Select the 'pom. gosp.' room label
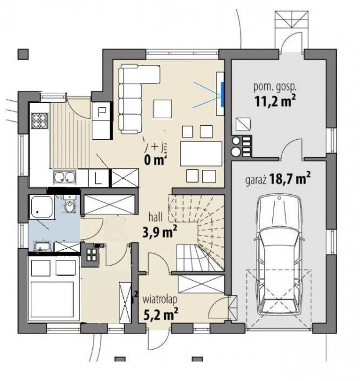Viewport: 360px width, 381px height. pyautogui.click(x=275, y=87)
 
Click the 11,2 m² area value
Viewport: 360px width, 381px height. pyautogui.click(x=275, y=101)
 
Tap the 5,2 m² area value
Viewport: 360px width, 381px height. pyautogui.click(x=160, y=315)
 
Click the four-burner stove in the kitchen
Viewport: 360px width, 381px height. pyautogui.click(x=39, y=121)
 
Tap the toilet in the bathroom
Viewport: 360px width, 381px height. pyautogui.click(x=70, y=206)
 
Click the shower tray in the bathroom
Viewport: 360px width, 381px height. pyautogui.click(x=41, y=206)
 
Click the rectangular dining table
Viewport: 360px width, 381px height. pyautogui.click(x=200, y=154)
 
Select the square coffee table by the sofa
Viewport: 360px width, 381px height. pyautogui.click(x=163, y=108)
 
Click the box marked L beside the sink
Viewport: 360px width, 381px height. pyautogui.click(x=97, y=177)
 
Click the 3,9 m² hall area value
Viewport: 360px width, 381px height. pyautogui.click(x=160, y=233)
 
